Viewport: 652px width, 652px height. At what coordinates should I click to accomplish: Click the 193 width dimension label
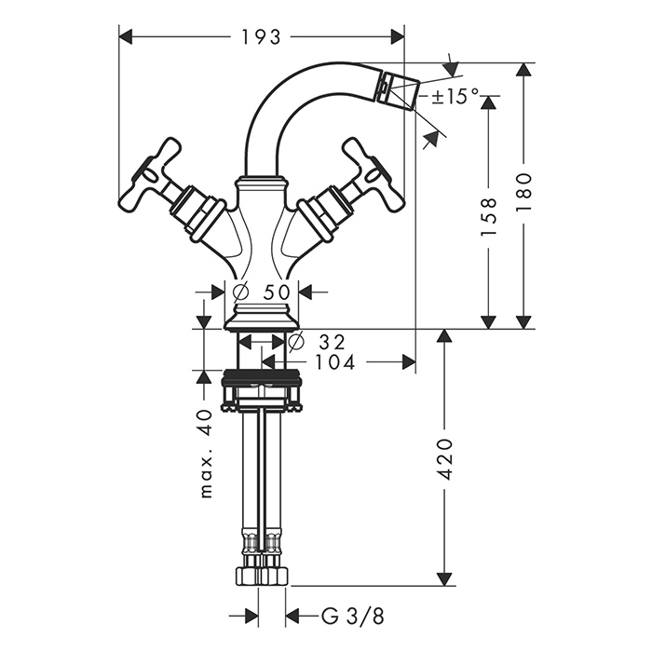click(261, 37)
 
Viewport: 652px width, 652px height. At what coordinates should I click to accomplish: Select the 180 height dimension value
click(523, 192)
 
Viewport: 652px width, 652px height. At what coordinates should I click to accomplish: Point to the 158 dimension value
click(489, 217)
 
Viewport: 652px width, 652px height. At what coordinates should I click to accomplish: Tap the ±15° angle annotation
click(455, 97)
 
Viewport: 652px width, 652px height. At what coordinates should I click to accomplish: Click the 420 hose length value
click(445, 458)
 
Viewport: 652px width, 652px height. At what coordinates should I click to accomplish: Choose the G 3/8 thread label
click(353, 616)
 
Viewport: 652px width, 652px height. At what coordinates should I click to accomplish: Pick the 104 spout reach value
click(335, 362)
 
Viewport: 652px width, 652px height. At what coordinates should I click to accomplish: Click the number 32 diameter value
click(333, 342)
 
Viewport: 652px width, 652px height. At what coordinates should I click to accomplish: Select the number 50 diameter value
click(277, 292)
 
